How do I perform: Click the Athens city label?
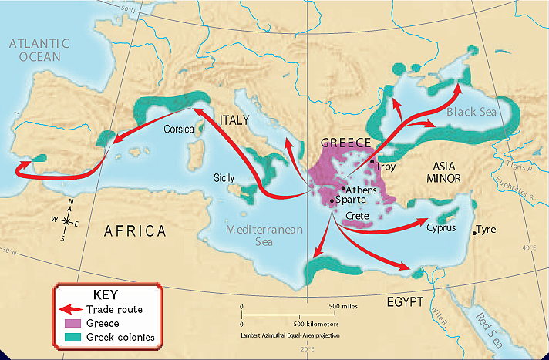[x=361, y=188]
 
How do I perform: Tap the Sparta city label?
[x=352, y=200]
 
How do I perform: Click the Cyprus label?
[x=442, y=227]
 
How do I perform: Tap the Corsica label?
[x=179, y=130]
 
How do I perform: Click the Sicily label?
[x=224, y=177]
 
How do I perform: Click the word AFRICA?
[x=136, y=230]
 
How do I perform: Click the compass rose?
[x=67, y=222]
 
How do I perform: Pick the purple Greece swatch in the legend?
[x=71, y=323]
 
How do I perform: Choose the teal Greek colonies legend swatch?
[x=71, y=337]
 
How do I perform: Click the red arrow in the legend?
[x=70, y=310]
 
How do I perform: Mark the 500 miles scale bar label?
[x=345, y=306]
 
